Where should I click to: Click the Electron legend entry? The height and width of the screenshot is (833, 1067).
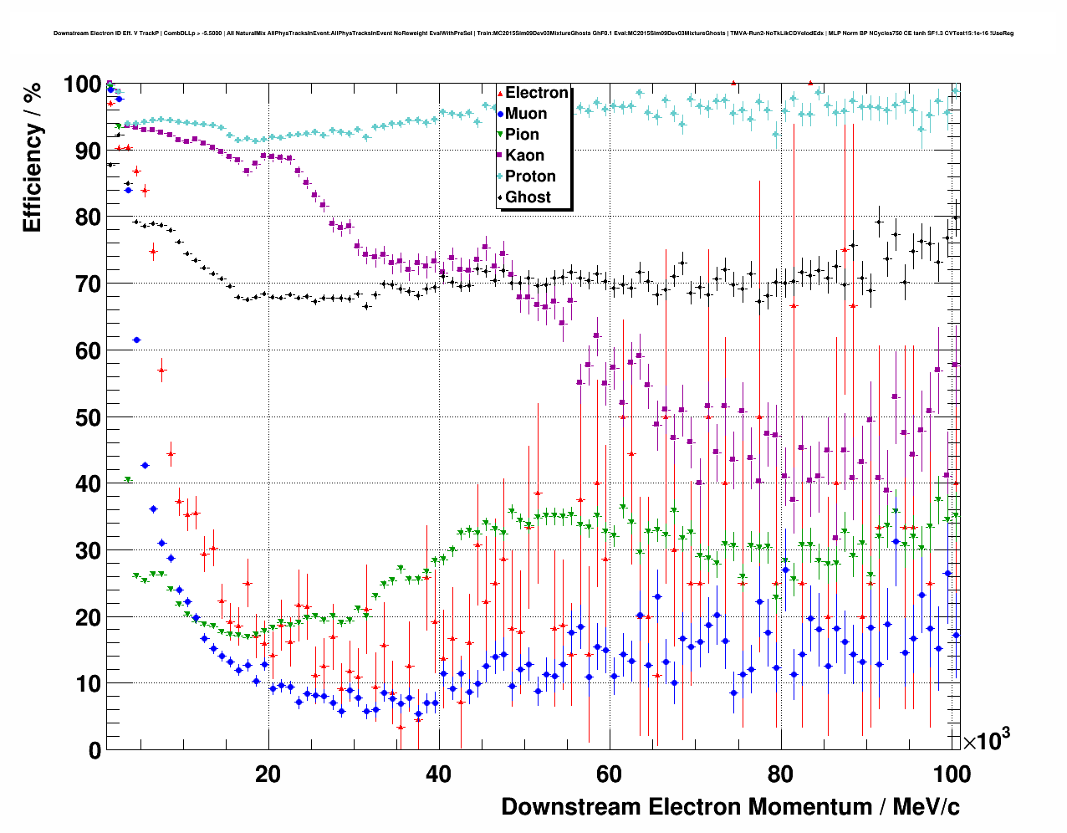click(x=536, y=93)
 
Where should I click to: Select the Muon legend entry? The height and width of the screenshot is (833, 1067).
click(x=526, y=114)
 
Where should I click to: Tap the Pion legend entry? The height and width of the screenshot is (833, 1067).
click(x=522, y=135)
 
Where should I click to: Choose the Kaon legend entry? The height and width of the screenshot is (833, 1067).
click(x=524, y=156)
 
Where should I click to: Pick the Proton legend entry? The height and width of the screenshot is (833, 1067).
click(x=530, y=176)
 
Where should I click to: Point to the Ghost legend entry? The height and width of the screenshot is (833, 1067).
click(x=528, y=197)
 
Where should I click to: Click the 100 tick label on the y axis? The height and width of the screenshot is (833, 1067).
click(x=82, y=84)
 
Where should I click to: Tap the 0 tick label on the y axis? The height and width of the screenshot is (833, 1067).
click(x=94, y=750)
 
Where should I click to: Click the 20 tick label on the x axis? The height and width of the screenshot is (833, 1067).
click(x=268, y=774)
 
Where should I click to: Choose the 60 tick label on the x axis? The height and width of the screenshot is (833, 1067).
click(x=609, y=774)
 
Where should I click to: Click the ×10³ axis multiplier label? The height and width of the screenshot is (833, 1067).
click(x=986, y=740)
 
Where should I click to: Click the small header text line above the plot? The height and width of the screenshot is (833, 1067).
click(x=533, y=33)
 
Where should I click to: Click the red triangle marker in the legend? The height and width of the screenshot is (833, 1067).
click(x=500, y=93)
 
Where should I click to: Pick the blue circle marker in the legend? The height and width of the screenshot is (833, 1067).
click(x=500, y=114)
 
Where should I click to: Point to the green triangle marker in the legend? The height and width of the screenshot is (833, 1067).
click(x=500, y=135)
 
